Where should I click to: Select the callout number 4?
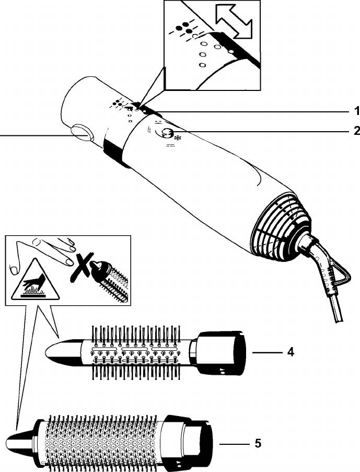(290, 352)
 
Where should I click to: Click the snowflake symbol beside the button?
(178, 139)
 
